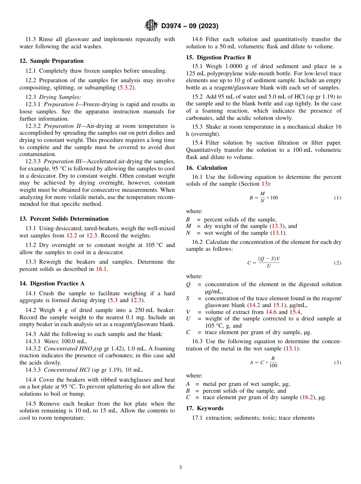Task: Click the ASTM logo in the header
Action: coord(151,26)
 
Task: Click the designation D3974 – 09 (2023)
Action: coord(190,26)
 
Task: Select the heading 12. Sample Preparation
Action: coord(51,61)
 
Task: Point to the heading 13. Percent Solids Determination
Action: coord(64,219)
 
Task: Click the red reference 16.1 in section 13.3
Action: coord(101,269)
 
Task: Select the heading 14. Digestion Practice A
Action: coord(52,283)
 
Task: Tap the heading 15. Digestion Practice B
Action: coord(218,57)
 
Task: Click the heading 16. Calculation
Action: coord(206,168)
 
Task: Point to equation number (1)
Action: coord(337,198)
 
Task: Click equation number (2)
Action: coord(337,263)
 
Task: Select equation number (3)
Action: coord(337,363)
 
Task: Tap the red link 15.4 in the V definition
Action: coord(295,312)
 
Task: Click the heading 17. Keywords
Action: coord(204,408)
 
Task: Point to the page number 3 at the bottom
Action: coord(180,468)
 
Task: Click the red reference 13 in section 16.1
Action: coord(264,184)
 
